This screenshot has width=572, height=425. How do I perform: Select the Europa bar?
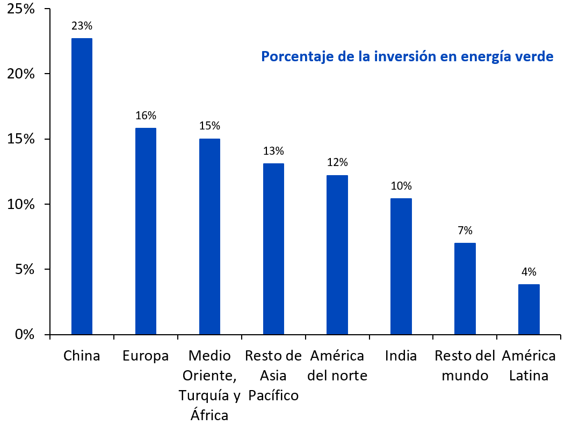146,231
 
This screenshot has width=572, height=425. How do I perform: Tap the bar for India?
401,266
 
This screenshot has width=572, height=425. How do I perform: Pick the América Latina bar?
529,309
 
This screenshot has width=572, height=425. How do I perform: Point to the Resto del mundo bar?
465,289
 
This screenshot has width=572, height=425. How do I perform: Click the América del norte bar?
337,255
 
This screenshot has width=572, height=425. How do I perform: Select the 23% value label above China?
82,25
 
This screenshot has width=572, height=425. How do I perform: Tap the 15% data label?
209,126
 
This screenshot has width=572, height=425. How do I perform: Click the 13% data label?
273,151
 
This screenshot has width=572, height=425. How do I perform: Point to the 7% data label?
465,230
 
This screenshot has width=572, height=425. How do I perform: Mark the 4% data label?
529,272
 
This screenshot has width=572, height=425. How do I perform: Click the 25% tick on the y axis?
20,9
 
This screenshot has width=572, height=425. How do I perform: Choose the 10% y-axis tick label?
20,205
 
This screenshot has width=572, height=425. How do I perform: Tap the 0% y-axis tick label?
24,335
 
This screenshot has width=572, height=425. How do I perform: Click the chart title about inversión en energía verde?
407,56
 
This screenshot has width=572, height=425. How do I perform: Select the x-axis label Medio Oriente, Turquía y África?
209,385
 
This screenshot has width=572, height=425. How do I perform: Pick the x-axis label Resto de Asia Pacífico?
273,376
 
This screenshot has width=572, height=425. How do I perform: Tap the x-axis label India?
401,356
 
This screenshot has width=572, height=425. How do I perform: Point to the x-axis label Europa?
146,356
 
